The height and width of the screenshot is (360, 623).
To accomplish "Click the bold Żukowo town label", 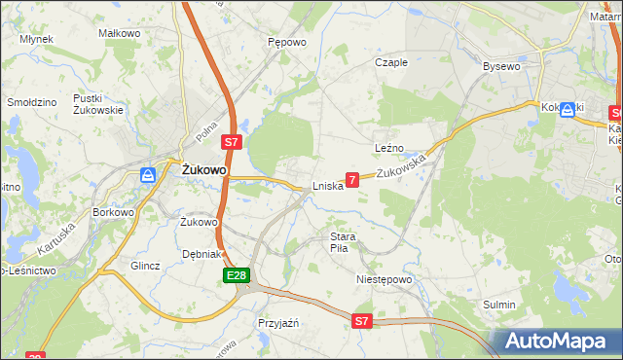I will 204,169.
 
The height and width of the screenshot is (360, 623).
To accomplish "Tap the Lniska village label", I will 327,186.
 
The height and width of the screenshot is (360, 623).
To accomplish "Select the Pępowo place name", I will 287,43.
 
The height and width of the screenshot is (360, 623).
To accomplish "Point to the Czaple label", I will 391,62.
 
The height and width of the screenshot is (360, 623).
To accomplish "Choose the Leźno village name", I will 389,148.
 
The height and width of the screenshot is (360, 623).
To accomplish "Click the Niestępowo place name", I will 385,278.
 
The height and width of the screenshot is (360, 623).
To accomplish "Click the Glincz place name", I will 144,265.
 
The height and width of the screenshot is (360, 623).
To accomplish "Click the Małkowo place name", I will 120,33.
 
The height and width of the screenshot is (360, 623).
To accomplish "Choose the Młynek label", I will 36,40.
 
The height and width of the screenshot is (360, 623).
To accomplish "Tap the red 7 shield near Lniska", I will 352,179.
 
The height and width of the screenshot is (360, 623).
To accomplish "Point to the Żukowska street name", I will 402,166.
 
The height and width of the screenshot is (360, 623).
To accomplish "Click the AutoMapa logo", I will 556,341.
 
